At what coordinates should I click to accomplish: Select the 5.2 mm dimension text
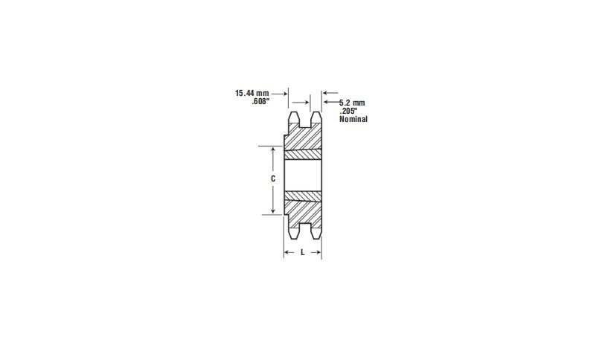coord(352,102)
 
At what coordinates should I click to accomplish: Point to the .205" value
coord(349,110)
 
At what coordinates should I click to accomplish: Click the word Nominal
coord(353,119)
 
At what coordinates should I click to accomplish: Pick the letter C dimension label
coord(273,179)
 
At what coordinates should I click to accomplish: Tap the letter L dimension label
coord(303,253)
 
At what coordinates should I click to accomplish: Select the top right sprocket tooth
coord(316,118)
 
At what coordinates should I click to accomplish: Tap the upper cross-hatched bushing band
coord(303,155)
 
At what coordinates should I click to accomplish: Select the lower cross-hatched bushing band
coord(303,197)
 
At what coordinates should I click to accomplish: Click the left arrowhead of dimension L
coord(287,253)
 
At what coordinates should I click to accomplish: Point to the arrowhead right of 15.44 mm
coord(285,94)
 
